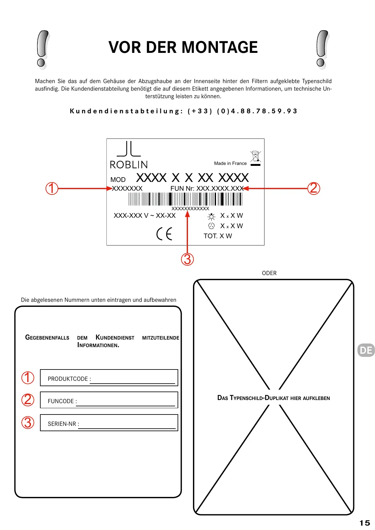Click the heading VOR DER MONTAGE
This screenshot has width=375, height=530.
pos(183,48)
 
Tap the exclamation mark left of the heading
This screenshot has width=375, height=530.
pos(43,49)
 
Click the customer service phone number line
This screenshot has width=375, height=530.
pos(184,111)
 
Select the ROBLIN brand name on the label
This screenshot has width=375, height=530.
pos(129,165)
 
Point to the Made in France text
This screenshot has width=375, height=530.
pos(230,163)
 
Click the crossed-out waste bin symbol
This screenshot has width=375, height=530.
pos(255,158)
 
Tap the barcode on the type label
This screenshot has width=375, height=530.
pos(185,199)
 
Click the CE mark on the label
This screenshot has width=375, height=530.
pos(164,234)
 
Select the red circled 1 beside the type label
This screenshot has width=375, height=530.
pos(52,189)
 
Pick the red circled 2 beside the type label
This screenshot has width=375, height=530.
pos(314,188)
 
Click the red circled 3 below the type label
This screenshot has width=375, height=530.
pos(187,259)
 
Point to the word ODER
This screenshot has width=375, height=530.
pos(269,273)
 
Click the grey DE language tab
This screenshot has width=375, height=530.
pos(366,350)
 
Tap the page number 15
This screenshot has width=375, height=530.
pos(365,523)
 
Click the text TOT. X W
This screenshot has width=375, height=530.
pos(218,236)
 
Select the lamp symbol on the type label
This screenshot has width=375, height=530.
pos(211,217)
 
